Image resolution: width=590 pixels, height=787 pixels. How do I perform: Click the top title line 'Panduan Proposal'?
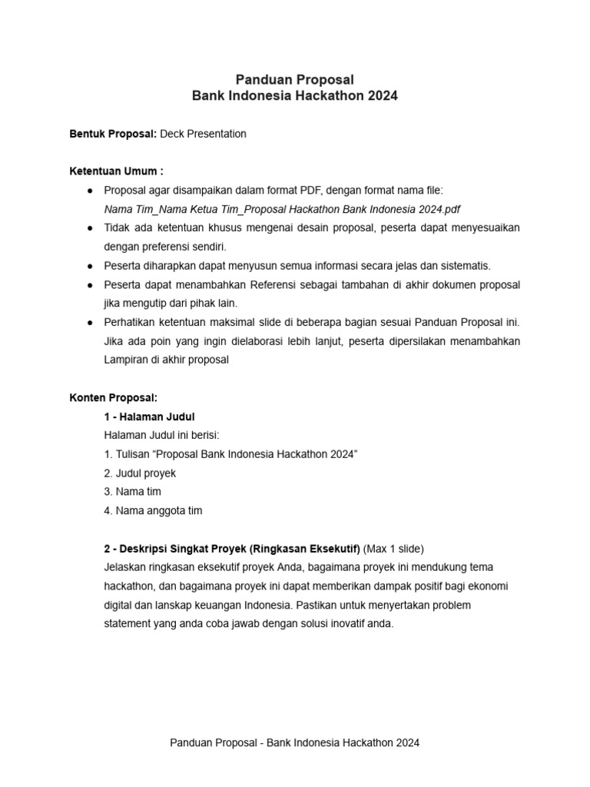point(295,78)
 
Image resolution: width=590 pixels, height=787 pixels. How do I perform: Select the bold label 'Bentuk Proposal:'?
point(113,134)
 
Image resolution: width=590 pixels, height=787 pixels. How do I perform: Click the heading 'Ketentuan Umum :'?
point(116,171)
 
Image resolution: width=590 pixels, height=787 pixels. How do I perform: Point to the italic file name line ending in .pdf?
point(282,208)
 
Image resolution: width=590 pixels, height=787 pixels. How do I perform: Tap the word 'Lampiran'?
point(124,359)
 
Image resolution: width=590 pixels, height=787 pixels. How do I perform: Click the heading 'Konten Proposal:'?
point(114,397)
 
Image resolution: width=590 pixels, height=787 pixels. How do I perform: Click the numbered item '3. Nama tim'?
point(132,491)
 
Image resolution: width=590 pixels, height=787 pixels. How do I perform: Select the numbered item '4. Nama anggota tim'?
point(153,510)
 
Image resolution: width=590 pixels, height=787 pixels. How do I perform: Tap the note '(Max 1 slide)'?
point(394,549)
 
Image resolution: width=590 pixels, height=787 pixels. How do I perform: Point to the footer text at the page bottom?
point(295,743)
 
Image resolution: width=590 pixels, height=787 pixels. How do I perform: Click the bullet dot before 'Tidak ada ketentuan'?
point(90,228)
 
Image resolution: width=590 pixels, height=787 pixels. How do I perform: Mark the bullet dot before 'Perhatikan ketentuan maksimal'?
point(90,322)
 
